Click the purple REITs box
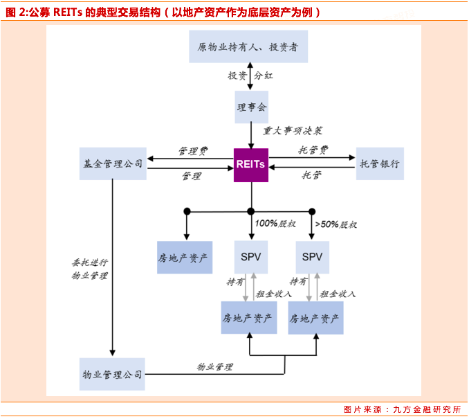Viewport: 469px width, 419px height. (251, 165)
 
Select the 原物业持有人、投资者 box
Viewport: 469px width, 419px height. (248, 47)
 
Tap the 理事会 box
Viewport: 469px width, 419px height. (251, 107)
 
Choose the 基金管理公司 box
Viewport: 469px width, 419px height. (112, 164)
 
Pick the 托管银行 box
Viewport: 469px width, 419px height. (380, 164)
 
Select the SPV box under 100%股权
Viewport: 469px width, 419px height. (251, 258)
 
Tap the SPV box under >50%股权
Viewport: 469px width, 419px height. (313, 258)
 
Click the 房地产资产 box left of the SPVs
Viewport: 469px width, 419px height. (185, 258)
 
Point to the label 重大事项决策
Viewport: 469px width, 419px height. (293, 130)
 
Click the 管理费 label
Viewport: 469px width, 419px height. (192, 150)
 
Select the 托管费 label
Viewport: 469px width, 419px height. (313, 150)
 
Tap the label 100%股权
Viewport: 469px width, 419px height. (275, 224)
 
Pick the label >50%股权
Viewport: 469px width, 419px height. (336, 224)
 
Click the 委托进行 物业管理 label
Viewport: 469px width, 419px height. (90, 269)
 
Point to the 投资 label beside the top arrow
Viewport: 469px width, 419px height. (237, 75)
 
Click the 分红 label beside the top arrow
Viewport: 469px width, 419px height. (265, 75)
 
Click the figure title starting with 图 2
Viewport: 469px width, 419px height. (163, 12)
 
